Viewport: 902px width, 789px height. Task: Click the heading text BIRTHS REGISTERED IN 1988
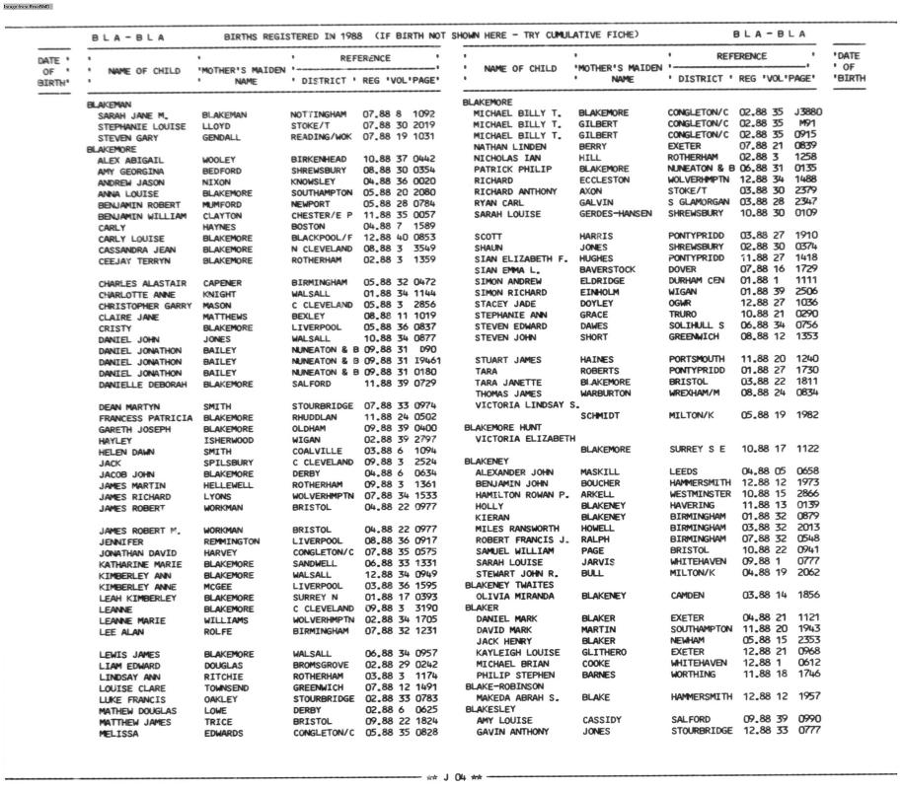coord(292,36)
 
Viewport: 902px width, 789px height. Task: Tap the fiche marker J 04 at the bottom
coord(453,777)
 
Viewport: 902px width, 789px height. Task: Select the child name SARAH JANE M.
coord(133,115)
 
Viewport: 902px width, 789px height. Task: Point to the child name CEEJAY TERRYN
coord(135,261)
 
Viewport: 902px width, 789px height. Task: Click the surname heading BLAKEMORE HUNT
coord(502,428)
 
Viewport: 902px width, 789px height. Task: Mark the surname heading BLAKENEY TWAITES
coord(509,585)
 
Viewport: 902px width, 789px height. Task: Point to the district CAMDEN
coord(687,596)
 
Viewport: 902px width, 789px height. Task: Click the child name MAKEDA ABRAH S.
coord(517,697)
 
